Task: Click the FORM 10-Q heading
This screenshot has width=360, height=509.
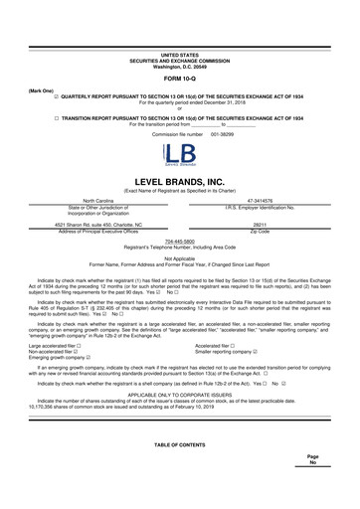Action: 180,51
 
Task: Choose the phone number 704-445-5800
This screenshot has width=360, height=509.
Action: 180,240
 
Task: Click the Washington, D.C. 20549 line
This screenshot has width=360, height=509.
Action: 180,38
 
